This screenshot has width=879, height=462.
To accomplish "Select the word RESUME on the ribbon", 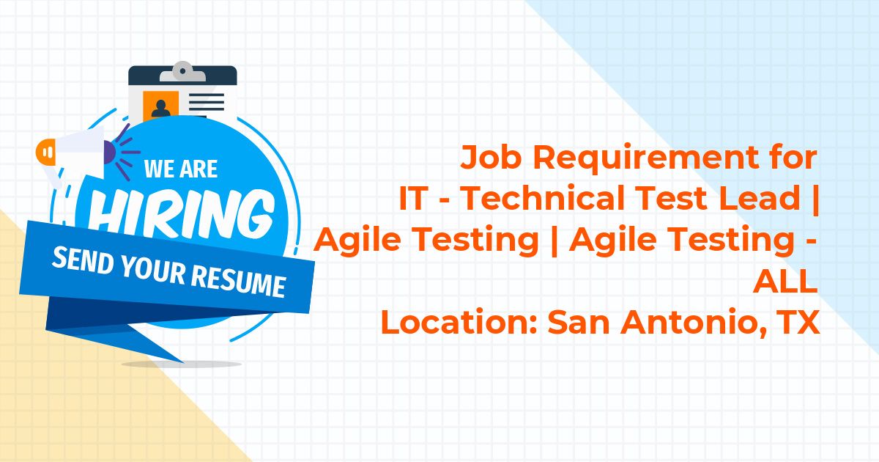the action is pyautogui.click(x=239, y=280).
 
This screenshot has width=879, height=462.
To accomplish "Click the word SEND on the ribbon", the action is pyautogui.click(x=83, y=260).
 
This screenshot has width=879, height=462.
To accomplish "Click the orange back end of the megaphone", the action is pyautogui.click(x=45, y=152).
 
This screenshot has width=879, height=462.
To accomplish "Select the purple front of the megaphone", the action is pyautogui.click(x=109, y=153).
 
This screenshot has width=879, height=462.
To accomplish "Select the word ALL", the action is pyautogui.click(x=785, y=280).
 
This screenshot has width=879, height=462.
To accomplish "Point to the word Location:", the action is pyautogui.click(x=459, y=322).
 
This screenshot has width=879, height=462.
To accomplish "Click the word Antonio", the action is pyautogui.click(x=691, y=322).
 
